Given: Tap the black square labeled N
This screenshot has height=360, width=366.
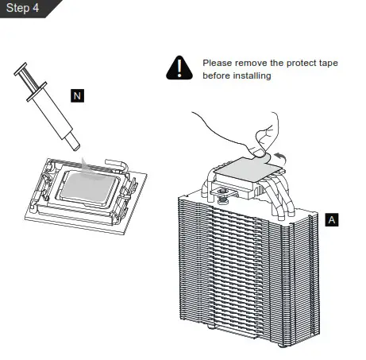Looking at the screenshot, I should (x=77, y=96).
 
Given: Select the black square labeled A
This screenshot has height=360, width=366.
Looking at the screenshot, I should (x=332, y=219).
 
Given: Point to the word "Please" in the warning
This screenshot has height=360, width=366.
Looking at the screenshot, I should (x=218, y=62).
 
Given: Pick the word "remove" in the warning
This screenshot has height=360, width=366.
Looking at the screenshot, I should (x=253, y=62).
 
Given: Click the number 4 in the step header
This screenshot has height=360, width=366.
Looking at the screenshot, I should (x=37, y=8).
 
